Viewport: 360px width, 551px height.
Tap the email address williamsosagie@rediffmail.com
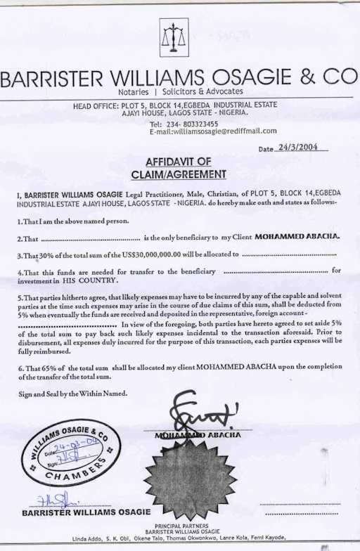(213, 131)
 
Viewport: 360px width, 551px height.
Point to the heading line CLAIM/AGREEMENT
(181, 174)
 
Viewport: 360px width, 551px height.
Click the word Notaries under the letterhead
(134, 92)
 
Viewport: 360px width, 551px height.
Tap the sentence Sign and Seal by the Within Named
(73, 394)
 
